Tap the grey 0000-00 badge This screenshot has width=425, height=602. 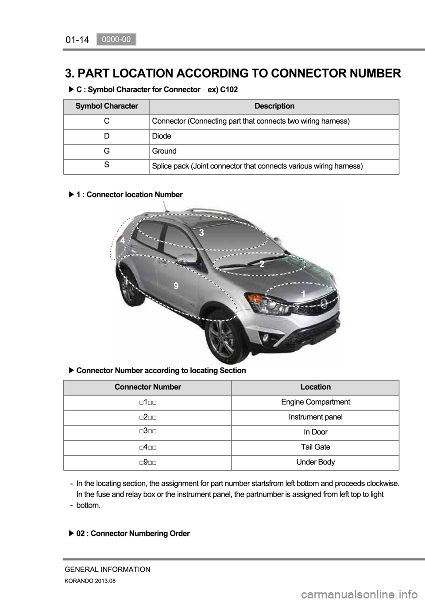click(116, 39)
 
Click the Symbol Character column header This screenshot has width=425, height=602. click(107, 106)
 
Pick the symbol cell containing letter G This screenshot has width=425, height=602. click(107, 151)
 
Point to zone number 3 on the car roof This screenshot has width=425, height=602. click(201, 232)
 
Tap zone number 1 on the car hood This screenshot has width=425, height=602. click(303, 293)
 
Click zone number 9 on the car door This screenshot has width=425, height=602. click(176, 286)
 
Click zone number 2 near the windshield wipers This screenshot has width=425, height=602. click(262, 264)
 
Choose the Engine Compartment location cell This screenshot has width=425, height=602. click(315, 402)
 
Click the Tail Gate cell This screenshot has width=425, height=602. click(315, 447)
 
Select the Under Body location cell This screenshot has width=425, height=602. click(315, 462)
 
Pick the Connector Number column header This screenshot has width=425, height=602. click(147, 387)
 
